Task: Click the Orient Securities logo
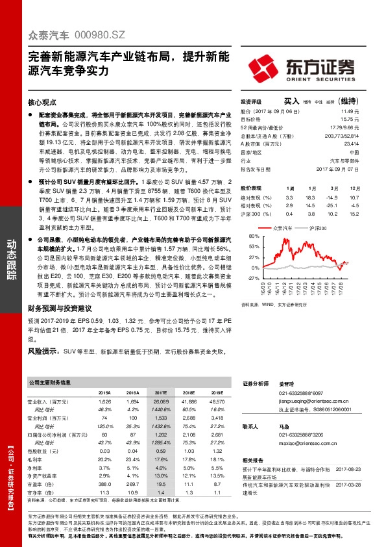[302, 68]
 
